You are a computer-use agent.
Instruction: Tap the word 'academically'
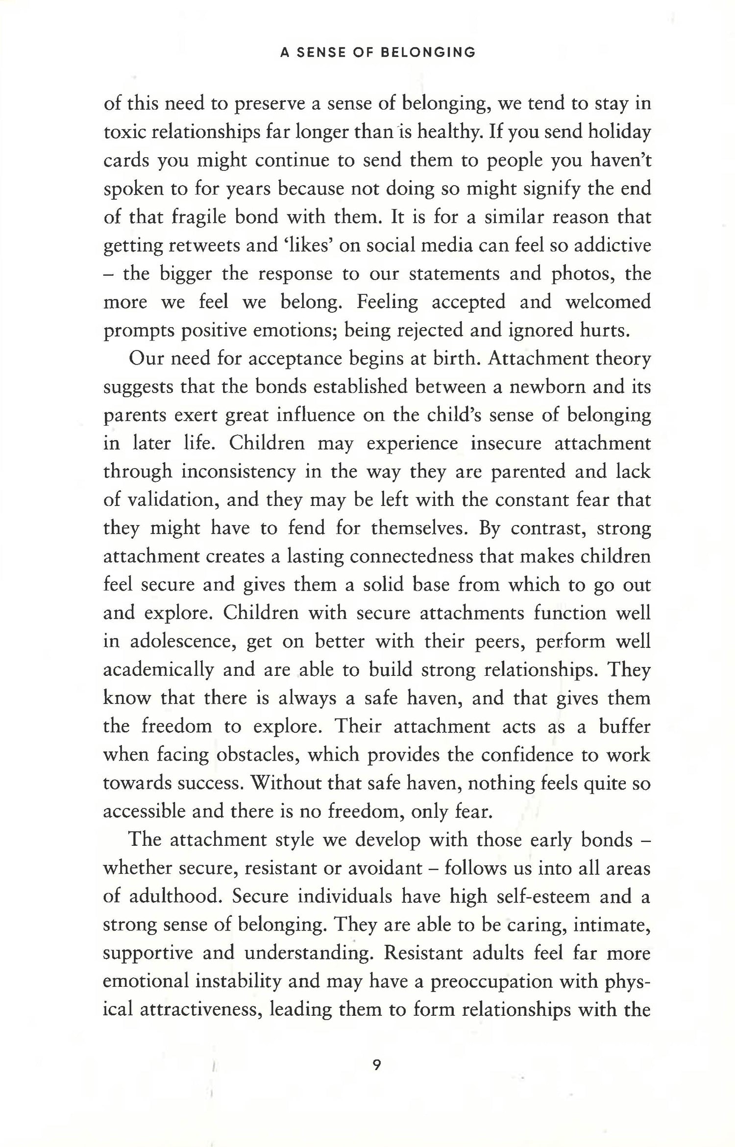click(158, 670)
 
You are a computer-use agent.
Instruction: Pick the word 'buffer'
click(625, 726)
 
